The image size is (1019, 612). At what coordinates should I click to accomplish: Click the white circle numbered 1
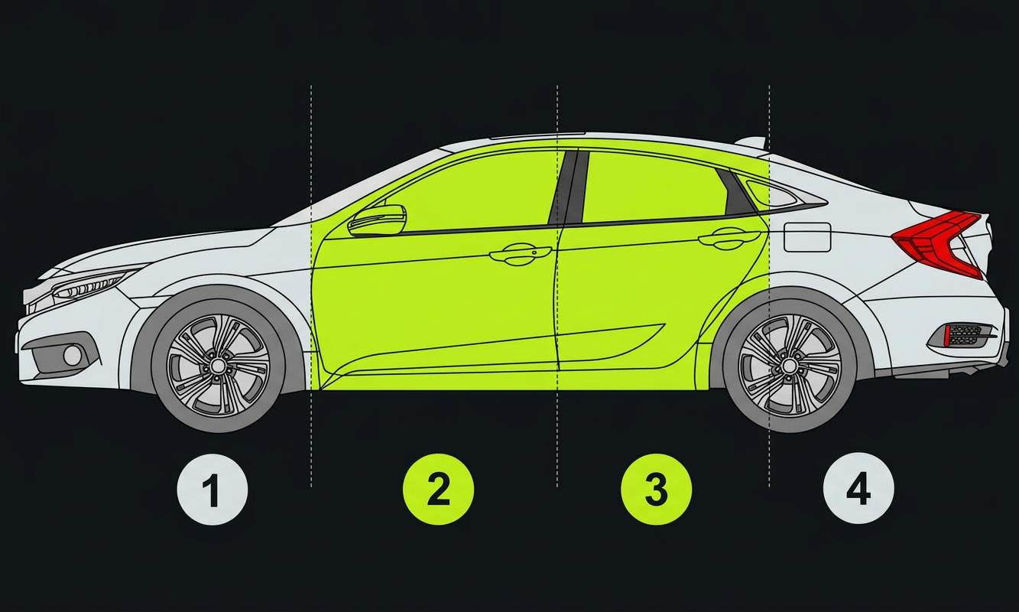tap(213, 489)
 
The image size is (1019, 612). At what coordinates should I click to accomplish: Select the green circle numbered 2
tap(438, 489)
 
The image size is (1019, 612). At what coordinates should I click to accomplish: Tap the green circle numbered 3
tap(657, 489)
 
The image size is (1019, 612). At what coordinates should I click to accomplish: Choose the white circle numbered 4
tap(858, 488)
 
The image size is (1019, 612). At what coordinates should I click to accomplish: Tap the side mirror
tap(378, 220)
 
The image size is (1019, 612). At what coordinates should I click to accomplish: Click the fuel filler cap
tap(807, 236)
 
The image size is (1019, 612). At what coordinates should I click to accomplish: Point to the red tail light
tap(938, 243)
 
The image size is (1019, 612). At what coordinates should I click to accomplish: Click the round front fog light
tap(72, 356)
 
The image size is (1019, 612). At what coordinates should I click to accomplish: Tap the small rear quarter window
tap(770, 192)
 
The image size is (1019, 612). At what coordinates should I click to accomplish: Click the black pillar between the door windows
tap(569, 187)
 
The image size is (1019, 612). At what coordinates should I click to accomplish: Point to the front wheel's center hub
tap(218, 366)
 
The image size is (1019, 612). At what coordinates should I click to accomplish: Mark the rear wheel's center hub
tap(790, 366)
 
